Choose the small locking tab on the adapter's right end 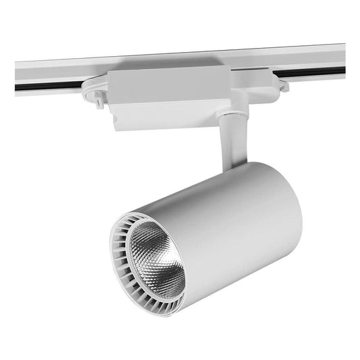pos(284,86)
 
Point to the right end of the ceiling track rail pos(341,57)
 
